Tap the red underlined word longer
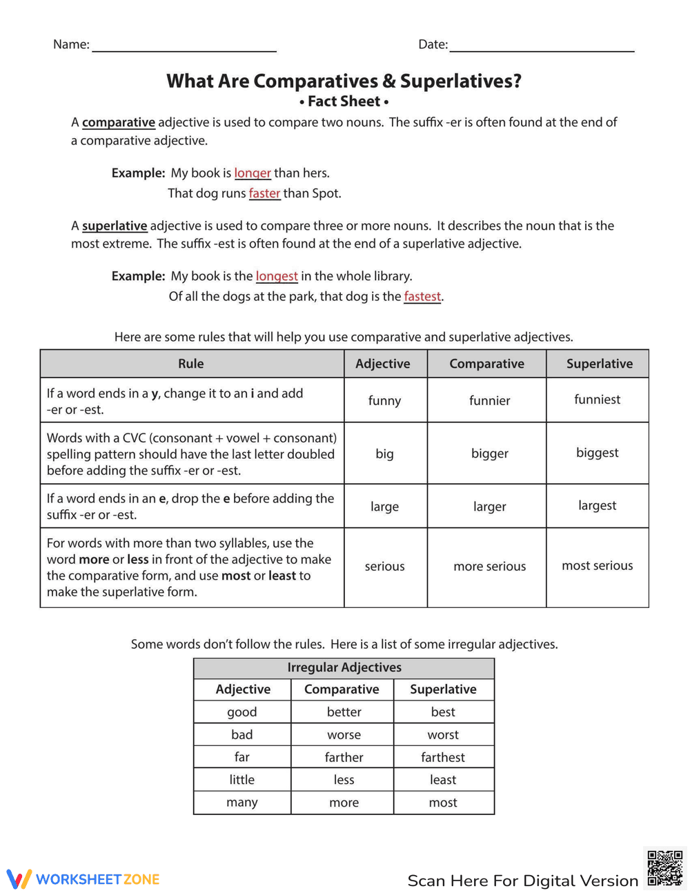click(x=253, y=173)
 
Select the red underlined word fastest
click(x=422, y=297)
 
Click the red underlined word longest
click(x=277, y=276)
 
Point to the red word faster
click(x=264, y=193)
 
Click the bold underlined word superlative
click(x=115, y=226)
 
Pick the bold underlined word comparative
click(x=119, y=122)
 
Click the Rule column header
click(x=191, y=364)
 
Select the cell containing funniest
click(x=597, y=400)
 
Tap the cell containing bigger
click(x=489, y=453)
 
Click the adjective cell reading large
click(x=384, y=507)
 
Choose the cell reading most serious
click(x=597, y=566)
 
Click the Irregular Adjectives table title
click(x=344, y=667)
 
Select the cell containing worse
click(x=344, y=735)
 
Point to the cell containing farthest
click(x=443, y=757)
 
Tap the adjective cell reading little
click(x=241, y=780)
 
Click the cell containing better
click(x=344, y=712)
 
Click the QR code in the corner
click(x=664, y=868)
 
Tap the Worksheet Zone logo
click(x=83, y=879)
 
